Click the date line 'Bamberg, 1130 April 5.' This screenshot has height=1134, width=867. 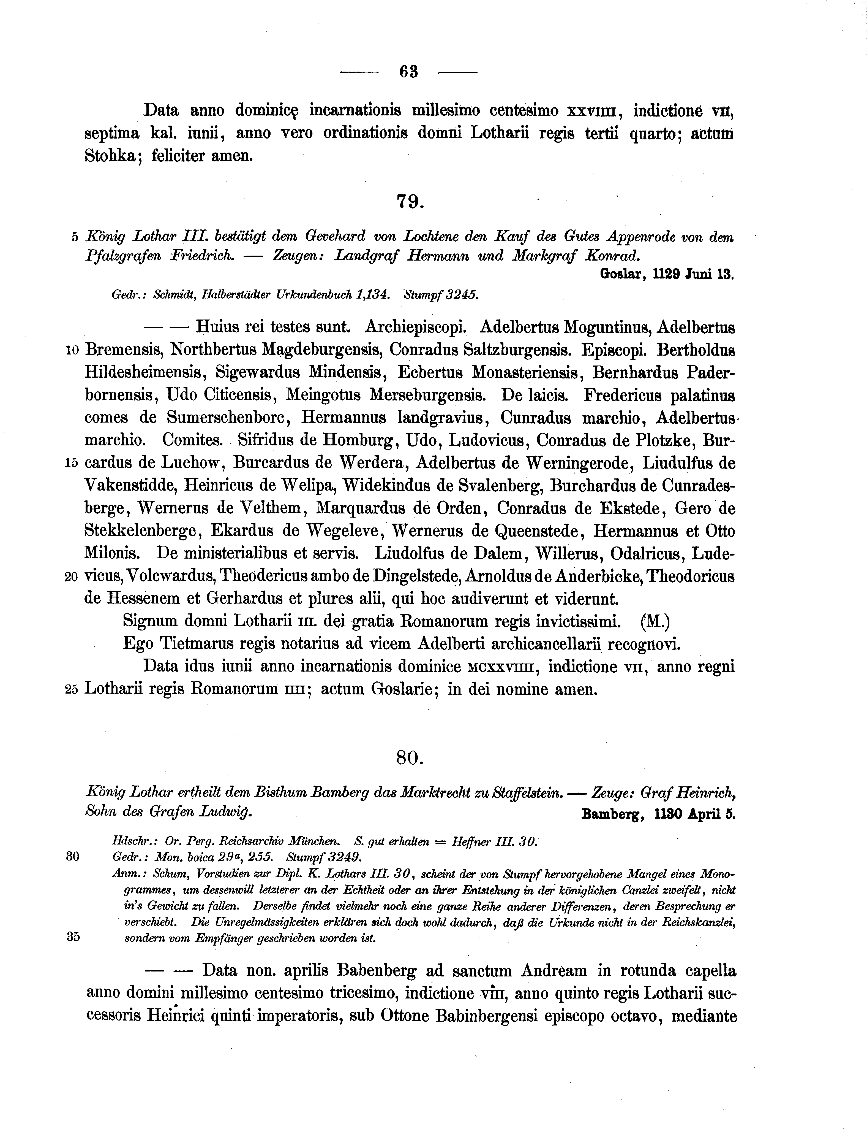658,814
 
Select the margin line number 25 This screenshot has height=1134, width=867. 72,690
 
